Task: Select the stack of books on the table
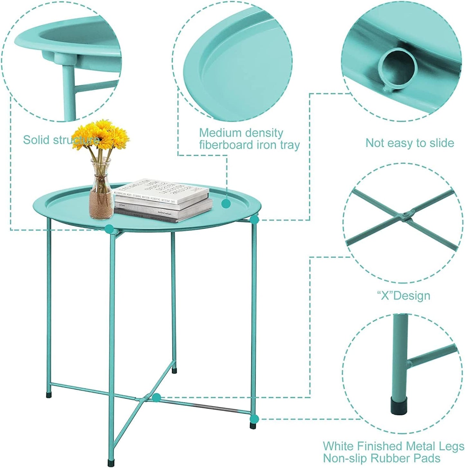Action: (x=163, y=201)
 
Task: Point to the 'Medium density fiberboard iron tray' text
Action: (x=249, y=139)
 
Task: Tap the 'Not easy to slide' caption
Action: (x=410, y=143)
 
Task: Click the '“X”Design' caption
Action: (x=403, y=295)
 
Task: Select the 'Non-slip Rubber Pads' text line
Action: (x=381, y=458)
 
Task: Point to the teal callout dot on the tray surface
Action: (x=226, y=203)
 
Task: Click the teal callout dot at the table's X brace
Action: (x=157, y=398)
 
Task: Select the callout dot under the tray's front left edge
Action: (x=109, y=229)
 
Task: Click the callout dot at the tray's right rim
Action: (x=254, y=220)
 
